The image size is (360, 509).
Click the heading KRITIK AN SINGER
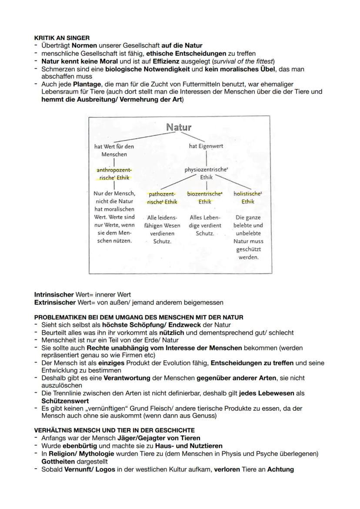click(x=62, y=38)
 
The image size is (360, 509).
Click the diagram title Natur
click(x=179, y=127)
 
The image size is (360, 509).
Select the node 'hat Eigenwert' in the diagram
click(x=206, y=146)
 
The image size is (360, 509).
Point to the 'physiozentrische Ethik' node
click(x=206, y=173)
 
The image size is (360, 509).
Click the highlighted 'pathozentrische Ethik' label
click(x=161, y=198)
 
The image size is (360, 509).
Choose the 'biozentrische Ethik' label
click(x=205, y=198)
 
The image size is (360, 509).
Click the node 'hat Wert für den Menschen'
click(x=114, y=150)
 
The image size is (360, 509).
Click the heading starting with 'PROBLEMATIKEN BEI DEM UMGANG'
click(x=139, y=318)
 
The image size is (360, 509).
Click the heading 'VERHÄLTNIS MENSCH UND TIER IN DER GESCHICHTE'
click(x=114, y=430)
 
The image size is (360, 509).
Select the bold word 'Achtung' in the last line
click(x=280, y=469)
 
